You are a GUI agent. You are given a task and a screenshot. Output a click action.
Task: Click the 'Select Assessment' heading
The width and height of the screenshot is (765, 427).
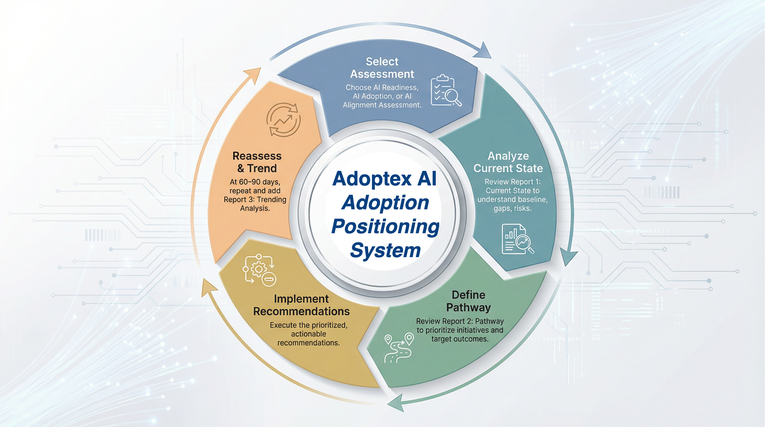click(382, 68)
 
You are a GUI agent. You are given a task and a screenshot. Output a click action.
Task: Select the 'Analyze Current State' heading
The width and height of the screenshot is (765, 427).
click(508, 162)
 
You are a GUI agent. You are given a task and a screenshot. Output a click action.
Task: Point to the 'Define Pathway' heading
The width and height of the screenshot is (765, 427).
click(468, 301)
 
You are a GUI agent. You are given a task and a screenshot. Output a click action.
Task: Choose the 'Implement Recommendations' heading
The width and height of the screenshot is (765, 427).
click(301, 305)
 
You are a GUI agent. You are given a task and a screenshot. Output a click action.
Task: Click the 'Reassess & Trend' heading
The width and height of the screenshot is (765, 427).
click(257, 162)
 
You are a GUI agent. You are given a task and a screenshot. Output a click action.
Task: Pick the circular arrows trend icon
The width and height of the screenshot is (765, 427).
click(283, 120)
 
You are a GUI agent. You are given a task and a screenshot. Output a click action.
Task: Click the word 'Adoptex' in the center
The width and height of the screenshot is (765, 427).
click(372, 179)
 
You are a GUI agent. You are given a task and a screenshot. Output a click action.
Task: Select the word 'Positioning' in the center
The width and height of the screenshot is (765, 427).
click(385, 227)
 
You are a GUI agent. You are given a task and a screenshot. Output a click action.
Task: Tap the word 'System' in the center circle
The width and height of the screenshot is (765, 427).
click(385, 250)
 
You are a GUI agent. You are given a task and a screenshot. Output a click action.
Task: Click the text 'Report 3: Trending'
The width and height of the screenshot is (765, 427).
click(255, 200)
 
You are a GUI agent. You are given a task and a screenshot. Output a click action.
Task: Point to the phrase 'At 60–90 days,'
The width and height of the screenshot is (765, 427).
click(255, 182)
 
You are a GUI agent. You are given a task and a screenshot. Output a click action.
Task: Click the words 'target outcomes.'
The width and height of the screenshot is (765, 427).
click(460, 339)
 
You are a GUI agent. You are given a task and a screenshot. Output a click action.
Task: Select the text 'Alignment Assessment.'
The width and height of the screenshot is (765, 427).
click(382, 105)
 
